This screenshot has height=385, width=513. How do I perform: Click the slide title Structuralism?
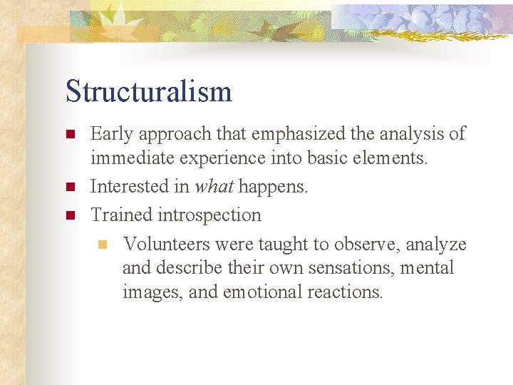tap(148, 92)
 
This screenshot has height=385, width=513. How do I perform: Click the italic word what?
tap(214, 187)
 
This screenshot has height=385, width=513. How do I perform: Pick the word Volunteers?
tap(166, 245)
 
